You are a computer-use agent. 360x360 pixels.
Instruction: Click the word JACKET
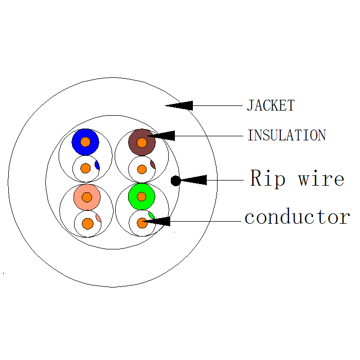tap(271, 106)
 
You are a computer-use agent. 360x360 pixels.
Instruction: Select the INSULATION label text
tap(286, 136)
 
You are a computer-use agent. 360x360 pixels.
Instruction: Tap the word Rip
tap(268, 179)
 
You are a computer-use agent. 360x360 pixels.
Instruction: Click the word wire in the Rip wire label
tap(321, 179)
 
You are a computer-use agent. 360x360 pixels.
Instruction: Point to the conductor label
tap(297, 217)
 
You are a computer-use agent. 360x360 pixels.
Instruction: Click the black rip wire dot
tap(175, 181)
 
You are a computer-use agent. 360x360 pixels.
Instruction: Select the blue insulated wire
tap(85, 141)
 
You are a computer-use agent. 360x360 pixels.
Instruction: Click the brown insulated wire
tap(142, 142)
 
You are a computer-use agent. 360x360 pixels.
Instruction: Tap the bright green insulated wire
tap(141, 196)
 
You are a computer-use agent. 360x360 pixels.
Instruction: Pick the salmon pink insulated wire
tap(86, 196)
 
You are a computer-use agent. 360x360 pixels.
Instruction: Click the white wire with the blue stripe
tap(86, 168)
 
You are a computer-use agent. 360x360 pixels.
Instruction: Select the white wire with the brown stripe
tap(141, 169)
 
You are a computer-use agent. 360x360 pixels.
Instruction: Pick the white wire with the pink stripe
tap(88, 223)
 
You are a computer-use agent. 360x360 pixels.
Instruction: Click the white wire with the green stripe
tap(142, 223)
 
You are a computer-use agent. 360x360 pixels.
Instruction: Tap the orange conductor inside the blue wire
tap(85, 141)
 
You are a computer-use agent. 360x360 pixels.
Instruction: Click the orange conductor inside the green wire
tap(141, 196)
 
